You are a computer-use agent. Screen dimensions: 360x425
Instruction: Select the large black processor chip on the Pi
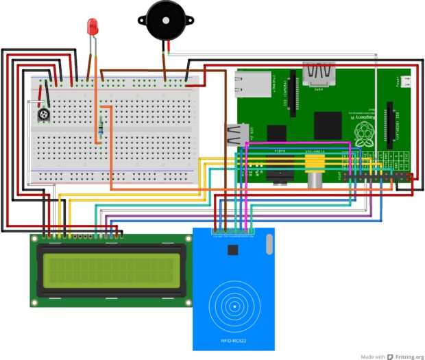(x=327, y=126)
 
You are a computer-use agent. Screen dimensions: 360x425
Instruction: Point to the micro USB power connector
(x=404, y=83)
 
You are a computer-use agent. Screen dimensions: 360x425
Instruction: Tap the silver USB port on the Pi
(x=235, y=134)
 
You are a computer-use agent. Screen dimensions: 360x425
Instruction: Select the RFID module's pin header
(x=233, y=234)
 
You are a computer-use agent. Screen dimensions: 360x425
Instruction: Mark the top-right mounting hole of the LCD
(x=186, y=240)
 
